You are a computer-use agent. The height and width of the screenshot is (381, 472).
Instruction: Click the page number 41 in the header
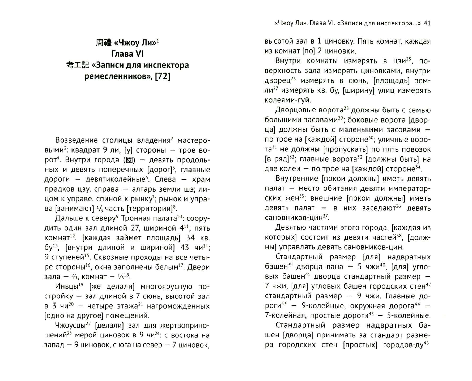427,23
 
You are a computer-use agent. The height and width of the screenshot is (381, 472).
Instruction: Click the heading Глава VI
127,54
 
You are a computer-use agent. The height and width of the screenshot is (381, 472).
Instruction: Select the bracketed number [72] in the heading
162,76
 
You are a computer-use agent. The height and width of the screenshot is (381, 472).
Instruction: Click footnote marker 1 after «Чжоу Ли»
158,40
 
